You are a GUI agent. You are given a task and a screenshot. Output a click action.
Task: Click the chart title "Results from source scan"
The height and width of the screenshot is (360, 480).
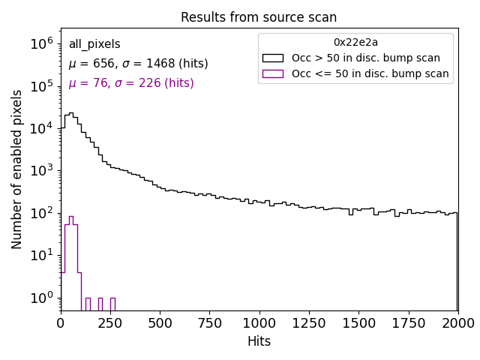259,17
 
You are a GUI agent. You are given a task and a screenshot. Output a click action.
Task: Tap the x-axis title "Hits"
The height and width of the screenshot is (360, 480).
259,341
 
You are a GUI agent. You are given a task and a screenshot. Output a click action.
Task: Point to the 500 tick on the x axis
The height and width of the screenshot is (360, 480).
160,310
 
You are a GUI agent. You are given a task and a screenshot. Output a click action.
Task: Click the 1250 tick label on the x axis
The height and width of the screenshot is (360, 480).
308,322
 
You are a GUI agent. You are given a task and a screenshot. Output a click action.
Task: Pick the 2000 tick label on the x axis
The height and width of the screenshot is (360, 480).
457,322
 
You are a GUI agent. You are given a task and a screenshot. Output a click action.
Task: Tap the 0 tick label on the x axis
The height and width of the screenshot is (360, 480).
61,322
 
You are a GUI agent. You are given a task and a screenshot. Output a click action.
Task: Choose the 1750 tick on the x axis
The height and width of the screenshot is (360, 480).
408,310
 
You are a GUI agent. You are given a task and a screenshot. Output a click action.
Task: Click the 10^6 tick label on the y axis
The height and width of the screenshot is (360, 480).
41,43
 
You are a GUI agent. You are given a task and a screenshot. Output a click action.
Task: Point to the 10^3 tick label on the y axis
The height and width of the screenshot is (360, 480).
41,171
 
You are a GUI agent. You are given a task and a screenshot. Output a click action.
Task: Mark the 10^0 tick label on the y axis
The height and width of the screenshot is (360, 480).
41,298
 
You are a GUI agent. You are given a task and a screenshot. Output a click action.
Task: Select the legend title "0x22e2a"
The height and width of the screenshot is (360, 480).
355,42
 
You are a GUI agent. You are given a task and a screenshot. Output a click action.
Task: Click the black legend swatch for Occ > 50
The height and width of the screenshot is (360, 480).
273,58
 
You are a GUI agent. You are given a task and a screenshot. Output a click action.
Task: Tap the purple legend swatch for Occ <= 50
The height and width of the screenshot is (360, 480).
273,73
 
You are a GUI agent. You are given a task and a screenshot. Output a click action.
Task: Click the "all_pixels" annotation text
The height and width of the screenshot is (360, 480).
94,44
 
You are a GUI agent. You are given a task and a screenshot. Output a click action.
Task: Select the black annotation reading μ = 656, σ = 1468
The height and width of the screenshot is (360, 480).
138,64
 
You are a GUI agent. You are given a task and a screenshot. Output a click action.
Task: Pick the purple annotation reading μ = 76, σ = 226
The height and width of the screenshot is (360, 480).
131,83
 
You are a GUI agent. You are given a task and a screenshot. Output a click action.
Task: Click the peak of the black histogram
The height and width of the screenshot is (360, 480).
70,114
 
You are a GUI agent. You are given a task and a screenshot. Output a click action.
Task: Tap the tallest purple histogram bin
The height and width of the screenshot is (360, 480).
70,217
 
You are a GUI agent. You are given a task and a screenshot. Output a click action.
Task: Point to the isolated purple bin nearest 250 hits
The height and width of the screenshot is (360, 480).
112,304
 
